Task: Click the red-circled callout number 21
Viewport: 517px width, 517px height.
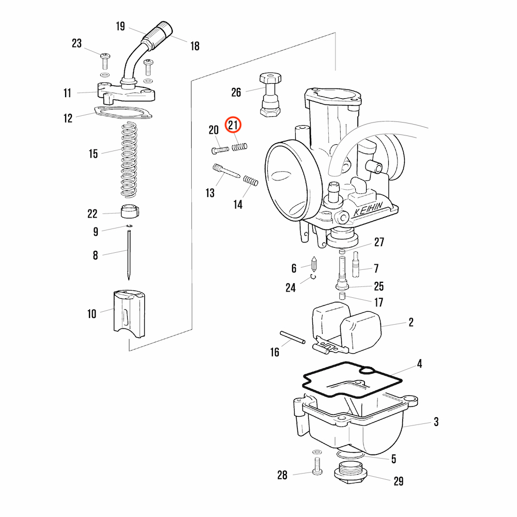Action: [x=233, y=125]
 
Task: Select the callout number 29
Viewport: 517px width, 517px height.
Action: [x=398, y=481]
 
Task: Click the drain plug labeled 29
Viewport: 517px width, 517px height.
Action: [x=351, y=473]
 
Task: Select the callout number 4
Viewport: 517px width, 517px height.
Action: [x=419, y=364]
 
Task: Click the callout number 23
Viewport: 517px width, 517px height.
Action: [x=77, y=43]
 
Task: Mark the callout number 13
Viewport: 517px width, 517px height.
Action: [x=210, y=193]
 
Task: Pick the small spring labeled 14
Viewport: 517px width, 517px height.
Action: [x=251, y=181]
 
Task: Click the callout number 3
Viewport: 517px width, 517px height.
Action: [x=436, y=422]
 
